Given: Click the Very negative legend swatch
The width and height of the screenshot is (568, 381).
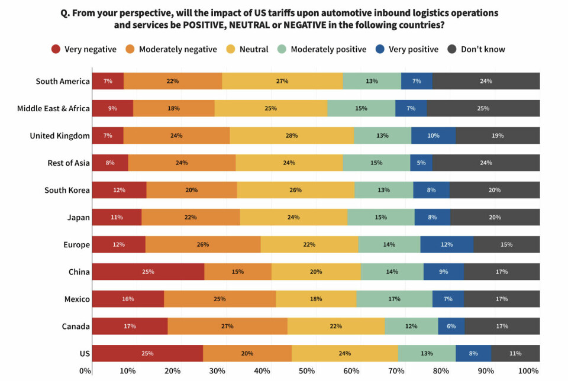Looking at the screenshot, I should [57, 49].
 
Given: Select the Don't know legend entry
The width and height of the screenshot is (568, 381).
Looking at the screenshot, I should [482, 49].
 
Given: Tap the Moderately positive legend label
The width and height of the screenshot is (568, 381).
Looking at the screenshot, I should [328, 49].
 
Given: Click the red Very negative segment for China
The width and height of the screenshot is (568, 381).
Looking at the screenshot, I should [148, 272].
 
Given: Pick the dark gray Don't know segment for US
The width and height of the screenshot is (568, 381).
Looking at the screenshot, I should [515, 353].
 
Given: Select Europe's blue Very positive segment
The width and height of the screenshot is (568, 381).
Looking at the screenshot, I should [447, 244].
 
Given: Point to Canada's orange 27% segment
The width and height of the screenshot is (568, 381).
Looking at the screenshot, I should [227, 326].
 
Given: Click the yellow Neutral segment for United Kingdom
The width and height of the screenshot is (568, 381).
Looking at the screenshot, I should [292, 135].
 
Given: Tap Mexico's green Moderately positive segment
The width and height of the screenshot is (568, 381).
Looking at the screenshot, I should [394, 299].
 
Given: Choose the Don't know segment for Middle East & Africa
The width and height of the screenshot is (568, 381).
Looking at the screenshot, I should [483, 108].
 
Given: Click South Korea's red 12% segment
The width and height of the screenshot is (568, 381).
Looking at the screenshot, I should [120, 190].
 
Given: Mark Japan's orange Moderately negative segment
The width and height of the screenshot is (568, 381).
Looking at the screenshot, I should [191, 217].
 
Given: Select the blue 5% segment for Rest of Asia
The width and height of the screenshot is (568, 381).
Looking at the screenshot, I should [421, 163].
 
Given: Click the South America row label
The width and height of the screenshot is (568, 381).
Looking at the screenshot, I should [63, 81].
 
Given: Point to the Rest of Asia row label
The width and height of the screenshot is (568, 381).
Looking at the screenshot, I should [69, 163].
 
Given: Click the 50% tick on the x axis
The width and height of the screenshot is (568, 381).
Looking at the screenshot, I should [306, 371].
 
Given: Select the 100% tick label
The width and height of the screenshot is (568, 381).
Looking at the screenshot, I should [528, 371].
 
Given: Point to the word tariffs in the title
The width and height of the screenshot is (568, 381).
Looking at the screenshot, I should [285, 12].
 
